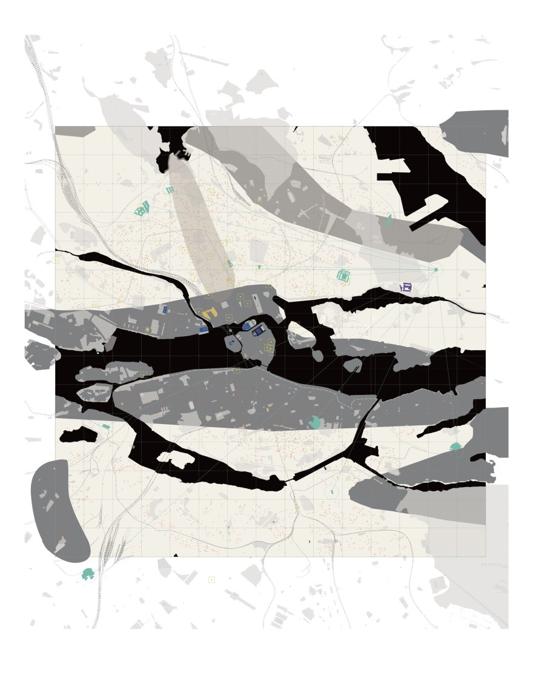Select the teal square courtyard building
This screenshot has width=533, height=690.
(x=343, y=276)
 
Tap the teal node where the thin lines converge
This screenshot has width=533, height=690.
(x=435, y=269)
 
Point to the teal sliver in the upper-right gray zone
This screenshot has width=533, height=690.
(x=388, y=221)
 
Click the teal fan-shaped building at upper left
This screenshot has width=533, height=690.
(x=142, y=210)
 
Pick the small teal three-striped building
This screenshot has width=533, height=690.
(x=170, y=190)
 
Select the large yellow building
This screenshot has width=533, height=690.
(x=209, y=313)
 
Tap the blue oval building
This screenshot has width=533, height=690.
(x=247, y=325)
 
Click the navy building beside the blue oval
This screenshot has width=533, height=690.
(x=259, y=330)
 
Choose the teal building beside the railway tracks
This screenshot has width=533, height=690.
(x=88, y=573)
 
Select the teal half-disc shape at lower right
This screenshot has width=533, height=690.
(x=455, y=446)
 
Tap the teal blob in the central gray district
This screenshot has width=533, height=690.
(x=314, y=422)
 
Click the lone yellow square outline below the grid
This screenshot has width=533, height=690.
(x=211, y=580)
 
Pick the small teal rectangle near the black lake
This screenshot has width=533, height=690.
(x=106, y=428)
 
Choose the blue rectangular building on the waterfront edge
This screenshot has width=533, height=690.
(x=204, y=330)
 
